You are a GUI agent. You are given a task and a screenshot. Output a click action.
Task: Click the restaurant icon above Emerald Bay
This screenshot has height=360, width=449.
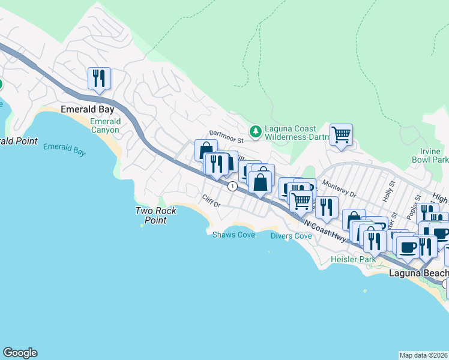[x=100, y=79]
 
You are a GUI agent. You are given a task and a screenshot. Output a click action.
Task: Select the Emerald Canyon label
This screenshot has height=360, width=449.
[x=105, y=125]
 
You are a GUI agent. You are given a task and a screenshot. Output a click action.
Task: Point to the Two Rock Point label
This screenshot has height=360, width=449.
[x=151, y=215]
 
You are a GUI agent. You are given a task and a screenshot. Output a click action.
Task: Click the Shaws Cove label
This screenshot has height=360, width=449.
[x=234, y=235]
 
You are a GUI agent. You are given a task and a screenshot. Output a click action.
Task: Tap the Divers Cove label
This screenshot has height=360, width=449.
[x=291, y=236]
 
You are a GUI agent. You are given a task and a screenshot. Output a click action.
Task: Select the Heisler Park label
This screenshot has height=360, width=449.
[x=353, y=260]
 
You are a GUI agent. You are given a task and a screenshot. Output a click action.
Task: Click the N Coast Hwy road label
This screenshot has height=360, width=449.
[x=325, y=231]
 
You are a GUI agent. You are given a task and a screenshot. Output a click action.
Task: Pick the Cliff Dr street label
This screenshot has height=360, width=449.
[x=211, y=201]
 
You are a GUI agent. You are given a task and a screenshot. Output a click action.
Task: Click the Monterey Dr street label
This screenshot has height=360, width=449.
[x=339, y=190]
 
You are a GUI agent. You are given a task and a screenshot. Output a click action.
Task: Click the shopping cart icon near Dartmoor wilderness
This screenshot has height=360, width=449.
[x=341, y=135]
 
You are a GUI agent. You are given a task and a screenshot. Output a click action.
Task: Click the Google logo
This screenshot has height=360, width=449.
[x=20, y=353]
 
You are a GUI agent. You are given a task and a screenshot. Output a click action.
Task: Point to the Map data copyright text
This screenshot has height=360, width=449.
[x=424, y=355]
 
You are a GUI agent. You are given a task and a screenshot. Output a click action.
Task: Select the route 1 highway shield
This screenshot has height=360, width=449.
[x=232, y=187]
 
